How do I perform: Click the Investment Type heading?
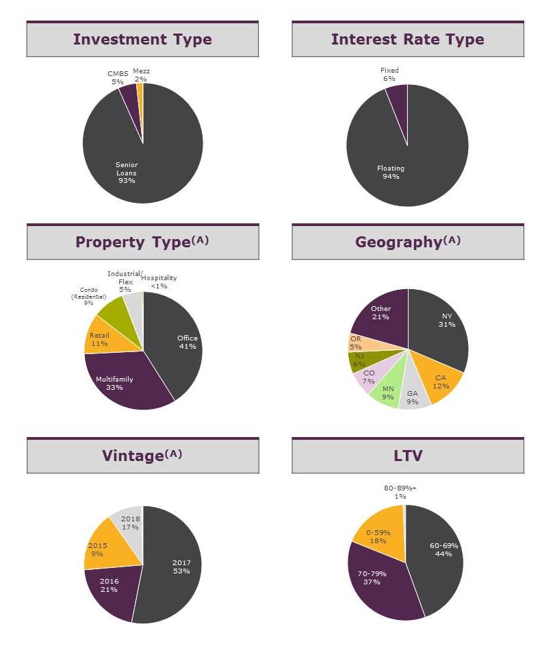(142, 40)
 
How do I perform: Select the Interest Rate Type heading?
(407, 40)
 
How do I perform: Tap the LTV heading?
(407, 456)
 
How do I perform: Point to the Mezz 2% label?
(141, 75)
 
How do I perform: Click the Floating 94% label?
(391, 172)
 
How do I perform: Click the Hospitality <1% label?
(159, 282)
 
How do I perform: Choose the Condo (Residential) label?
(88, 296)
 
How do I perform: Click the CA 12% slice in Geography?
(441, 381)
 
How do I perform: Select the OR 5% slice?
(357, 342)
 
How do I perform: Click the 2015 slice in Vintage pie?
(99, 549)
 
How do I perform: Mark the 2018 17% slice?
(129, 522)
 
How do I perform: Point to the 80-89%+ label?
(400, 492)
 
